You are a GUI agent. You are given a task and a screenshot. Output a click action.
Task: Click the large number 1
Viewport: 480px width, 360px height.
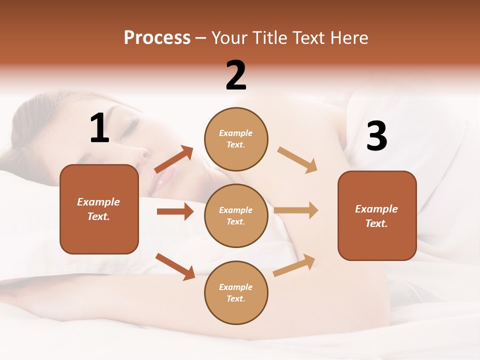[x=99, y=128]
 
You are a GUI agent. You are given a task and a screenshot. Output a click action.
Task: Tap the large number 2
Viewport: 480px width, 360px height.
[x=236, y=75]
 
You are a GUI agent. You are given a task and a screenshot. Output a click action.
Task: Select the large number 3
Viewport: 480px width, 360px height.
[x=376, y=136]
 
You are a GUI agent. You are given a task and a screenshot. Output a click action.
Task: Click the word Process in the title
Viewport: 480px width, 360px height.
[x=157, y=37]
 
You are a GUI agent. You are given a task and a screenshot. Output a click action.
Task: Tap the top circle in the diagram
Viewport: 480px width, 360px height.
[x=236, y=139]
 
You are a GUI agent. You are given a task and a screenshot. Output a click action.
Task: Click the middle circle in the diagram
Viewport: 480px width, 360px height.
[x=236, y=215]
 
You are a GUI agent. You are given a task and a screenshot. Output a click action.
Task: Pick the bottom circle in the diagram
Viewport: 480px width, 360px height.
[x=236, y=292]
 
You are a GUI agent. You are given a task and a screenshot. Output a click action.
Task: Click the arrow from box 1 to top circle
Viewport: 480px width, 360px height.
[x=174, y=159]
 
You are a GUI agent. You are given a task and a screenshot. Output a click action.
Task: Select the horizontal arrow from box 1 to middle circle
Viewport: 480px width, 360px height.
[x=175, y=211]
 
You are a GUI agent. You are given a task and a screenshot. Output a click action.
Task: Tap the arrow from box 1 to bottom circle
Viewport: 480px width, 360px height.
[x=175, y=266]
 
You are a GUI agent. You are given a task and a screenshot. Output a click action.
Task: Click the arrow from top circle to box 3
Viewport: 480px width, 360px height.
[x=297, y=160]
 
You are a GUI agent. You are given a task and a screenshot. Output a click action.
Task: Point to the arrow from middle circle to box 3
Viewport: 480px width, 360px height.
[x=296, y=210]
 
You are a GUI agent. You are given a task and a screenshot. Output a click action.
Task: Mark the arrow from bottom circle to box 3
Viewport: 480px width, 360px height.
[x=294, y=265]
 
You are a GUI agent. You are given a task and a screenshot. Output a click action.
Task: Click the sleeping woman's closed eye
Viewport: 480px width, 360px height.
[x=129, y=124]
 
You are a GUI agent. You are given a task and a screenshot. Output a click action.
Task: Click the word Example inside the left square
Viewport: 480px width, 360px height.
[x=98, y=202]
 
